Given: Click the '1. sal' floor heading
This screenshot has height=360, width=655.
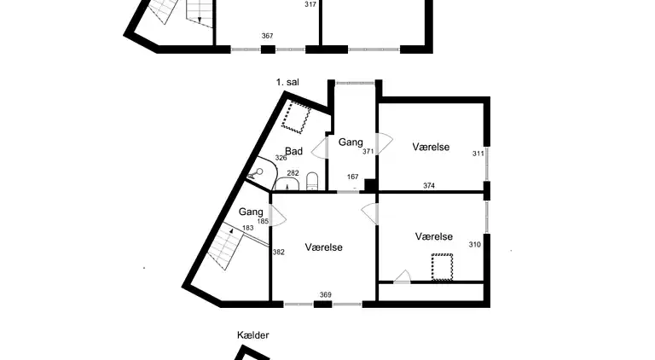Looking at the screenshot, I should [x=287, y=82].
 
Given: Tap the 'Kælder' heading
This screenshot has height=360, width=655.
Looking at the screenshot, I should [x=253, y=335].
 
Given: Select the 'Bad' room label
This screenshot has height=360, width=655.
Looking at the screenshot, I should [x=293, y=151].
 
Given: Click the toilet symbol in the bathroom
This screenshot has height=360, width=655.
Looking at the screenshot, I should [x=312, y=181].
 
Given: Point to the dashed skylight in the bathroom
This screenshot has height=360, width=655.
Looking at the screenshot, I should [x=298, y=117].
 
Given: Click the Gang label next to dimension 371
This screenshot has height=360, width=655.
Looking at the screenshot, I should [x=351, y=142].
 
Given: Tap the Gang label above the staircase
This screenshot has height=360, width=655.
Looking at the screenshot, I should [x=251, y=212].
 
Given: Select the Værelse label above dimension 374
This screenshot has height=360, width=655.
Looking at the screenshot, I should [x=431, y=147].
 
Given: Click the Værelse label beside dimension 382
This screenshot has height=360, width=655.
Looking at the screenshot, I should [x=324, y=247].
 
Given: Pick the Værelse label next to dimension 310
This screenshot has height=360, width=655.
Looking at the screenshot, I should [x=433, y=236].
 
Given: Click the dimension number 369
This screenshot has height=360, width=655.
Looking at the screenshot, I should [x=325, y=295].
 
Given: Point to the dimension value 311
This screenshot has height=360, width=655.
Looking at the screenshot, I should [x=478, y=154].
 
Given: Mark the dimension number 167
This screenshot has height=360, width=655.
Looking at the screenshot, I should [x=352, y=177].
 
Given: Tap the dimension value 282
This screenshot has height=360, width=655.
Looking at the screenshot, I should [x=293, y=173].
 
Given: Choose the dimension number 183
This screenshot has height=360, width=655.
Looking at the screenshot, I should [x=247, y=228].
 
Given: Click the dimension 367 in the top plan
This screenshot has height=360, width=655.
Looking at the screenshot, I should [x=267, y=36].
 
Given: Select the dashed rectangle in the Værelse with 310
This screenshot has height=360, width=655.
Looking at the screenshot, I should [x=441, y=268].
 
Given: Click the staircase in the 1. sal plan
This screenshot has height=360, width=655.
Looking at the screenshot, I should [x=226, y=247].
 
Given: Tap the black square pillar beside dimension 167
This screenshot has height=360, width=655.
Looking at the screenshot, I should [x=370, y=185].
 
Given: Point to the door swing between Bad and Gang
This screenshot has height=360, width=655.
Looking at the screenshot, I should [x=321, y=148].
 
